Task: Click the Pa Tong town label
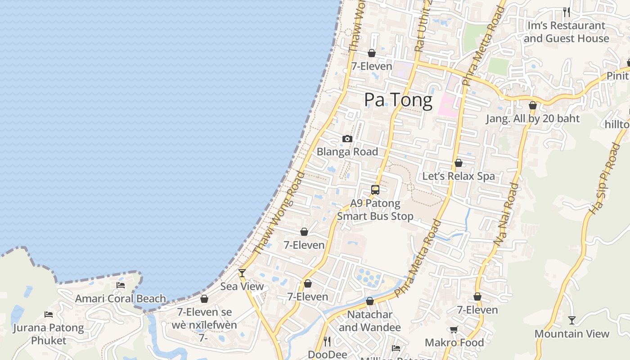[x=398, y=100]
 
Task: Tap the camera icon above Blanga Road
[x=347, y=139]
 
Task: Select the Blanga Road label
[x=347, y=152]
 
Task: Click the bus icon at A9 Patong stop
[x=375, y=190]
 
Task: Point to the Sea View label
[x=242, y=286]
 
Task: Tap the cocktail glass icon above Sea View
[x=242, y=273]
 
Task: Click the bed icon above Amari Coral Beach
[x=120, y=285]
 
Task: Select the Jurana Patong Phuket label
[x=49, y=334]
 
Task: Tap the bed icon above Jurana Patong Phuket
[x=49, y=314]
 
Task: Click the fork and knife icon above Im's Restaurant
[x=566, y=12]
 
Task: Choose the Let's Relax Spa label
[x=458, y=176]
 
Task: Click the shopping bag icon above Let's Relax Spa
[x=458, y=163]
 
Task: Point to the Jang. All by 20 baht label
[x=532, y=118]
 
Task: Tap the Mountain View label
[x=571, y=334]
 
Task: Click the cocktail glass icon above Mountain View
[x=571, y=320]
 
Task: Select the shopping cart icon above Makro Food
[x=454, y=330]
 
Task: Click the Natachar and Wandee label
[x=369, y=321]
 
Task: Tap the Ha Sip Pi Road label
[x=603, y=179]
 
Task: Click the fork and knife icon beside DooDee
[x=327, y=342]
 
